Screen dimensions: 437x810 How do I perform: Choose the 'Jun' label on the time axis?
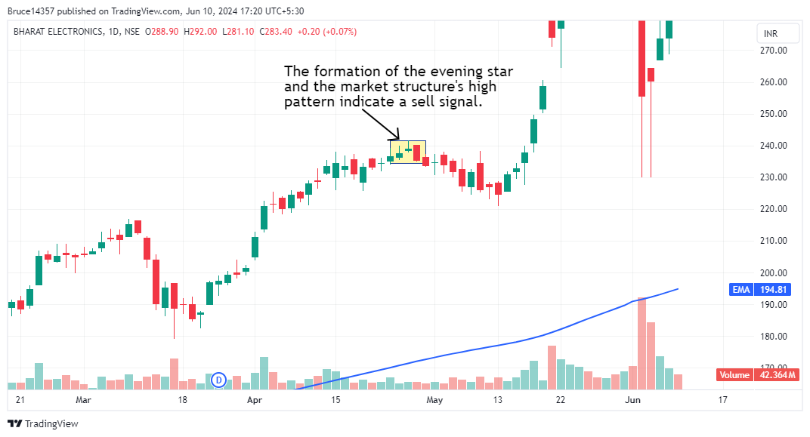(633, 400)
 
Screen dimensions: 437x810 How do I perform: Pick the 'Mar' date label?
(83, 400)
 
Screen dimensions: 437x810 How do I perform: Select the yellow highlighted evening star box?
(408, 151)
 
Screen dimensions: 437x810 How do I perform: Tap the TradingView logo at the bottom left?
(43, 424)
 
